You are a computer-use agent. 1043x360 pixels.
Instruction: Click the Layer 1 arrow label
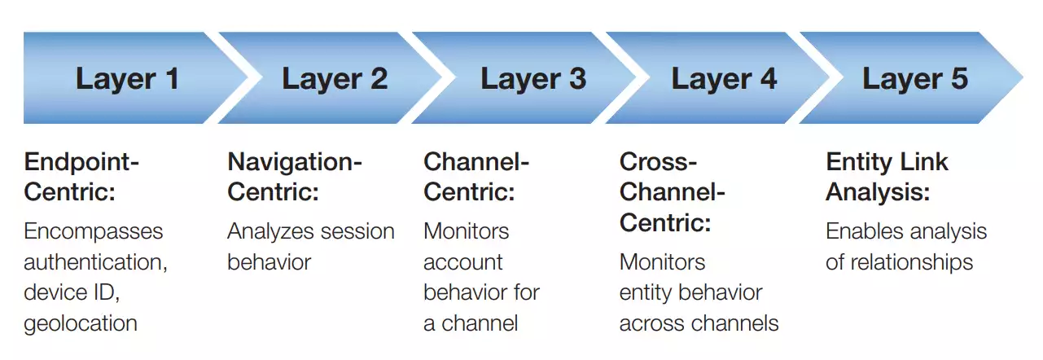pos(127,79)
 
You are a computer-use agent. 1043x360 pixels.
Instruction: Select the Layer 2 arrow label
pos(335,79)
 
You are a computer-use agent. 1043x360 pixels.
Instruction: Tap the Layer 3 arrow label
pos(532,79)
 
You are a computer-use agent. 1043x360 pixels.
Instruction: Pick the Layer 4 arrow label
pos(724,79)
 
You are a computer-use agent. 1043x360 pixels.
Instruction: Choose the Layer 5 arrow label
pos(915,79)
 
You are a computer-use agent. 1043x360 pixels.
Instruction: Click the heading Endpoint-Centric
pos(81,177)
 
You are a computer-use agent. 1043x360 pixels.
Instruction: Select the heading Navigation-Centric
pos(294,177)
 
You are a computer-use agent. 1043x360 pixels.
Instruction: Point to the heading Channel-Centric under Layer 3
pos(476,177)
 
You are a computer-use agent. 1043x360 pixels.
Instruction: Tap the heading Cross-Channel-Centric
pos(672,192)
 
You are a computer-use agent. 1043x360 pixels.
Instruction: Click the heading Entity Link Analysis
pos(887,177)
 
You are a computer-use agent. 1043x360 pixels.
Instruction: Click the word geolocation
pos(81,323)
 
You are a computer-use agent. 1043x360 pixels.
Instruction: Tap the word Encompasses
pos(93,231)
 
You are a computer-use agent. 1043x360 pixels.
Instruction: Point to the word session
pos(355,231)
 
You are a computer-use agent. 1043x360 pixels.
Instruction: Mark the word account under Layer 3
pos(463,262)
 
